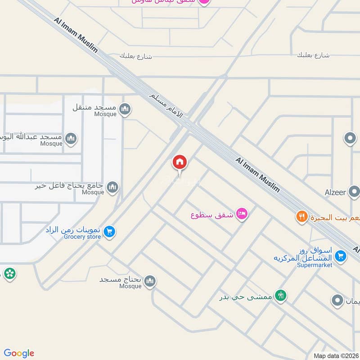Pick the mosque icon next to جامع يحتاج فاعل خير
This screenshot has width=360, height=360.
click(112, 187)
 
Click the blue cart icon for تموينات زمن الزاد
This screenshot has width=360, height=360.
click(109, 232)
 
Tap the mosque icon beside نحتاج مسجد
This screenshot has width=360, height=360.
click(150, 281)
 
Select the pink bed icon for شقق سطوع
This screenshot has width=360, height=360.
click(242, 214)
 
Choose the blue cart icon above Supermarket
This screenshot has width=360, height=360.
click(341, 255)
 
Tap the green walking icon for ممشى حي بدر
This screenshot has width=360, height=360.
click(281, 295)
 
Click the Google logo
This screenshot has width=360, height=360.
click(19, 353)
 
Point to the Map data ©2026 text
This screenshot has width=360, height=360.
click(336, 355)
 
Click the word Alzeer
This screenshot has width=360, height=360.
click(336, 193)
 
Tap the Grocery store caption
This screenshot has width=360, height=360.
click(82, 237)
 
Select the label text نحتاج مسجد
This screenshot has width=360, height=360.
click(120, 279)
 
